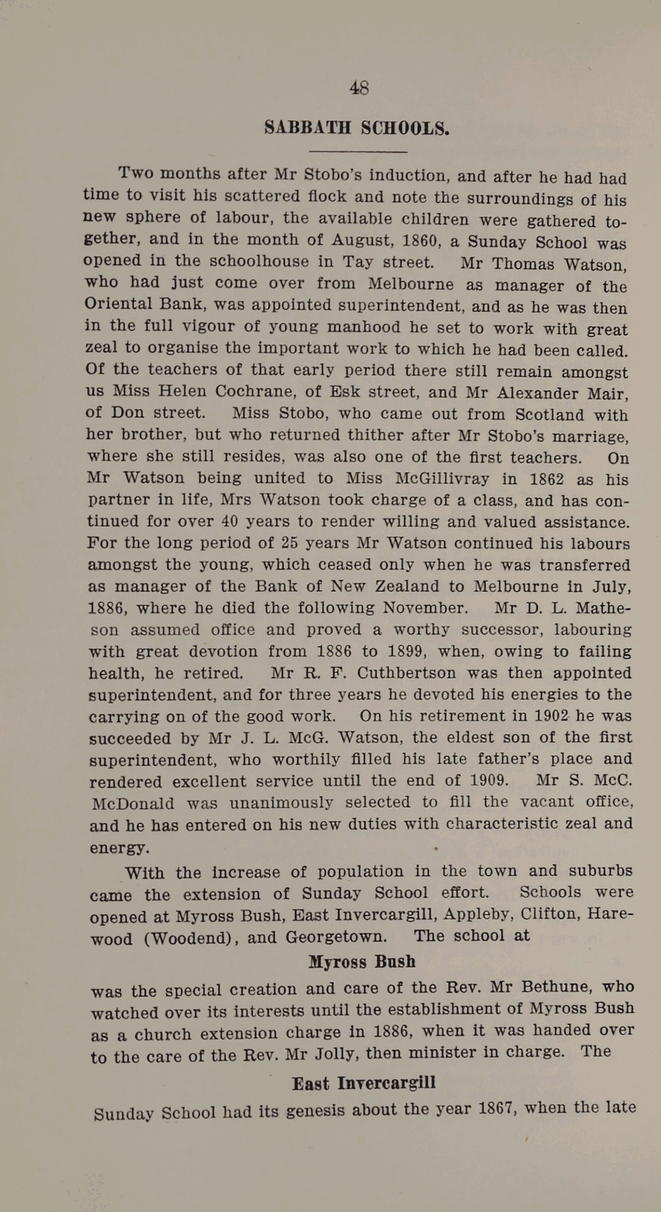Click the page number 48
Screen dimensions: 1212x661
coord(359,88)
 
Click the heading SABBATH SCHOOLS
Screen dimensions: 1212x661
coord(357,128)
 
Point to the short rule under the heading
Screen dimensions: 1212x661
coord(358,152)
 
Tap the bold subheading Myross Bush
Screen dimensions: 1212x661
coord(362,962)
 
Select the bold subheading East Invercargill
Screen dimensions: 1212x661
coord(364,1083)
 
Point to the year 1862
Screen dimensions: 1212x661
coord(546,479)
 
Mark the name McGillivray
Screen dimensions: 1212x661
coord(442,478)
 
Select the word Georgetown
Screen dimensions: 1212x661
coord(336,937)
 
